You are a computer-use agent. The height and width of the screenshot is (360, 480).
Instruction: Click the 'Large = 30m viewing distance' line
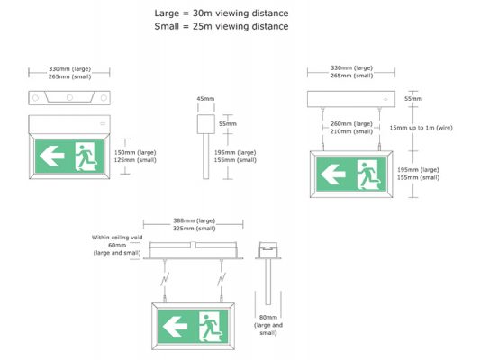[x=222, y=13]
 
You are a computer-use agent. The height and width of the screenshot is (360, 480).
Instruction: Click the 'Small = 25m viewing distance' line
[x=222, y=26]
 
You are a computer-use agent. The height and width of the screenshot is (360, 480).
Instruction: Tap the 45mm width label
[x=205, y=99]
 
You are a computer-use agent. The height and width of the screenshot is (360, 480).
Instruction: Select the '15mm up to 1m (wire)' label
[x=421, y=128]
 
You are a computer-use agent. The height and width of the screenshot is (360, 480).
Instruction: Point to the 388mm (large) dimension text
[x=195, y=220]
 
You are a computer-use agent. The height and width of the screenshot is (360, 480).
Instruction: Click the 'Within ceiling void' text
[x=117, y=238]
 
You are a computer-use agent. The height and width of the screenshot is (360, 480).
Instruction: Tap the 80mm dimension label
[x=268, y=317]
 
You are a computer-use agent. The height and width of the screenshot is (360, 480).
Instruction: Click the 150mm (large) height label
[x=135, y=152]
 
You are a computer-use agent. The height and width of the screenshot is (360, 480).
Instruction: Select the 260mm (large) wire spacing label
[x=351, y=124]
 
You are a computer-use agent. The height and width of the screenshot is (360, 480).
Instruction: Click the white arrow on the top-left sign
[x=51, y=156]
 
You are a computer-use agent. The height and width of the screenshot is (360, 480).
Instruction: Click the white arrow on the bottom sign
[x=175, y=327]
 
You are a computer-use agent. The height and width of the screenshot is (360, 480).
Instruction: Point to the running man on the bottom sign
[x=212, y=327]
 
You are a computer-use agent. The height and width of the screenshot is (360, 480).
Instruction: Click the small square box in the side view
[x=205, y=124]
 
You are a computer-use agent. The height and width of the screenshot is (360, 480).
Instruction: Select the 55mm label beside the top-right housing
[x=413, y=99]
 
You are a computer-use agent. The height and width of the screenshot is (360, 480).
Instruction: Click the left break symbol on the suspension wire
[x=165, y=279]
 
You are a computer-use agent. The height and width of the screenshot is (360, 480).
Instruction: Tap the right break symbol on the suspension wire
[x=222, y=279]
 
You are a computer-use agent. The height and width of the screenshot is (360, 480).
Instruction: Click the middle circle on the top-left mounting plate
[x=70, y=97]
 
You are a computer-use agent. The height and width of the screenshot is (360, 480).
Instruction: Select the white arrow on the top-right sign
[x=333, y=175]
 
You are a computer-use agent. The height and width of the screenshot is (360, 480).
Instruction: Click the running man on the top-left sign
[x=86, y=157]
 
